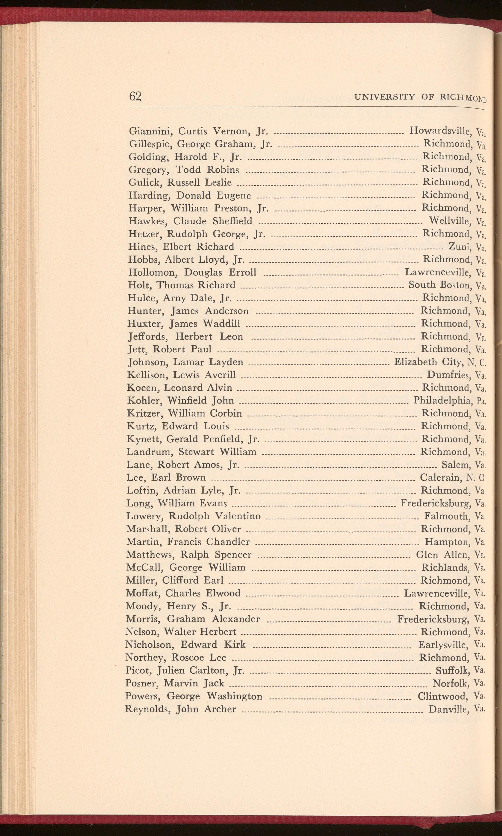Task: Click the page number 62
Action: pyautogui.click(x=135, y=96)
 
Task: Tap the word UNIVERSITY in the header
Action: pyautogui.click(x=384, y=97)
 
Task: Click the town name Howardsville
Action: pyautogui.click(x=440, y=130)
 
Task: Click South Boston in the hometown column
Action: pyautogui.click(x=439, y=285)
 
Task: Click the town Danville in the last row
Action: pyautogui.click(x=448, y=709)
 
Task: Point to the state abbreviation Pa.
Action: pyautogui.click(x=480, y=401)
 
